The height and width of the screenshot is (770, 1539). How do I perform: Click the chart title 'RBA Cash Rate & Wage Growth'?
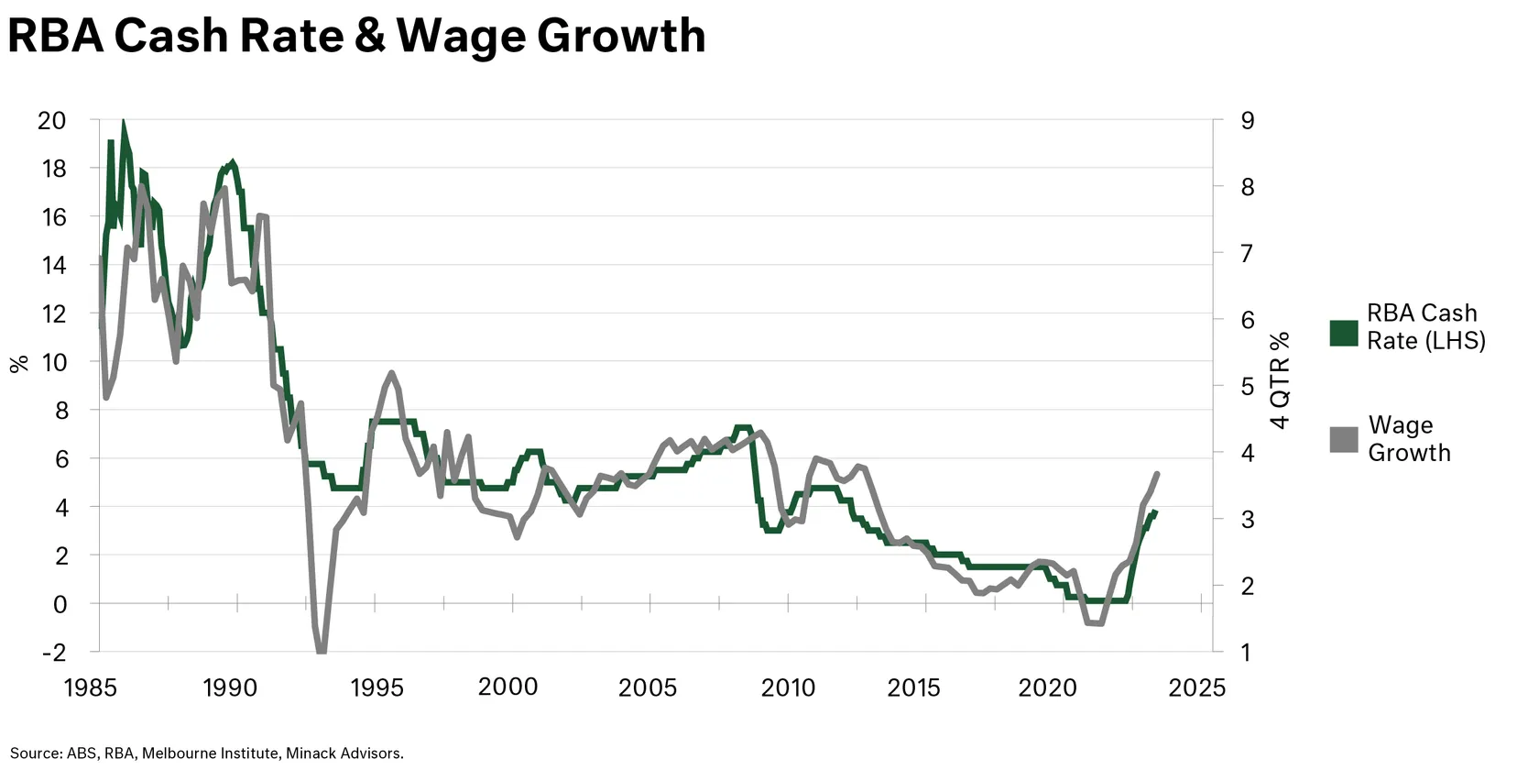[x=356, y=37]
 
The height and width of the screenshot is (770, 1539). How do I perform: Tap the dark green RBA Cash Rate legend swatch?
[x=1343, y=333]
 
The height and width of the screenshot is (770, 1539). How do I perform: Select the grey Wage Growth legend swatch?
[x=1343, y=439]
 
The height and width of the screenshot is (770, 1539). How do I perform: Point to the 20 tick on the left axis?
[x=51, y=120]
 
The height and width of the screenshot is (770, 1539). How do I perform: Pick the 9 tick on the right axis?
[x=1247, y=120]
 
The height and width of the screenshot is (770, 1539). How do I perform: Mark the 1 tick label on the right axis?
[x=1247, y=653]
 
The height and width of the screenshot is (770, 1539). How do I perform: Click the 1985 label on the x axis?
[x=91, y=687]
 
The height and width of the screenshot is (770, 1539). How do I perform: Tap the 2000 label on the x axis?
[x=508, y=687]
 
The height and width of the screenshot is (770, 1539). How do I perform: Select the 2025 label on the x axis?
[x=1196, y=687]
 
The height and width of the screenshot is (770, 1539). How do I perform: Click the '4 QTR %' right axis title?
[x=1281, y=380]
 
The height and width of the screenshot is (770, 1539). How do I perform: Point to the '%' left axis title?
[x=19, y=364]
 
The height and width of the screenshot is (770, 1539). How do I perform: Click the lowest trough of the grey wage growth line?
[x=322, y=651]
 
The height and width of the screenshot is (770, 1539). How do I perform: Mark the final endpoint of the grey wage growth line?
[x=1158, y=474]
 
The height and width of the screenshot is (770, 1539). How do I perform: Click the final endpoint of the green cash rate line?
[x=1156, y=511]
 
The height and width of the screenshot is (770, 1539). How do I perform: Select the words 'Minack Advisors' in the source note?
[x=344, y=753]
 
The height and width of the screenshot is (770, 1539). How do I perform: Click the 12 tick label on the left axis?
[x=51, y=313]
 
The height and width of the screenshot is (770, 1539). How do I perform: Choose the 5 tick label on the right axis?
[x=1247, y=386]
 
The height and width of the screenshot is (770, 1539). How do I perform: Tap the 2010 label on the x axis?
[x=788, y=687]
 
